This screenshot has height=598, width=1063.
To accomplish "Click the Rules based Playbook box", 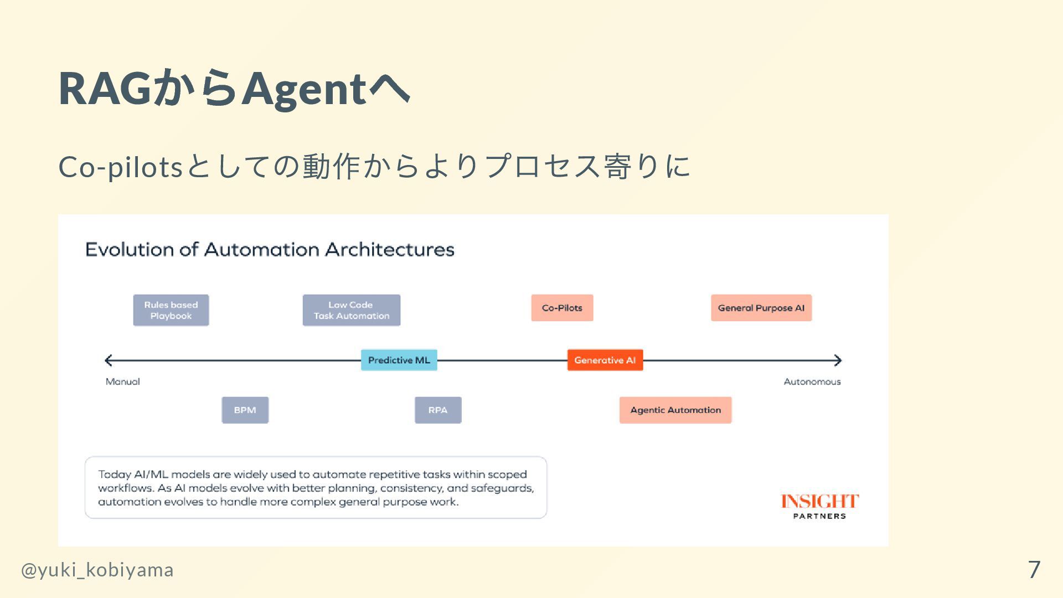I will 171,310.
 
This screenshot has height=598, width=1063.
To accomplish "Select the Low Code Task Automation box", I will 351,310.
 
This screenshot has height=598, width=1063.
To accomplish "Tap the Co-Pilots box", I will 562,308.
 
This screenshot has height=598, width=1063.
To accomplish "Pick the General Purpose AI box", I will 761,308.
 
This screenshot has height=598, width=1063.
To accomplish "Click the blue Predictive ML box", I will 399,360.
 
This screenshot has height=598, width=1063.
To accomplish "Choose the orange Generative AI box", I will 605,360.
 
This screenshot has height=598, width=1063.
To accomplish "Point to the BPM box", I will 245,410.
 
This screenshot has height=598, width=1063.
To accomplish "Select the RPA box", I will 437,410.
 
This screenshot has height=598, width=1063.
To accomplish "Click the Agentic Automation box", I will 675,410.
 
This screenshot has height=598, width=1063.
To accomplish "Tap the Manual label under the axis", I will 122,382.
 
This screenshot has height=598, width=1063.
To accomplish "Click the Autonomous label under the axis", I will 812,382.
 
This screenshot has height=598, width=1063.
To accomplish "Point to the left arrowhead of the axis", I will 109,360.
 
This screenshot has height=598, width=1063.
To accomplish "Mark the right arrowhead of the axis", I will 838,360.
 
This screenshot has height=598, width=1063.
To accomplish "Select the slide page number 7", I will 1034,569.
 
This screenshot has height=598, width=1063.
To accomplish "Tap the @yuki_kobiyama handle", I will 97,570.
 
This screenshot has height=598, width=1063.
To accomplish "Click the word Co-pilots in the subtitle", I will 121,166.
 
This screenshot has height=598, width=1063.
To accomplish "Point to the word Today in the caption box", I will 114,475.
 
